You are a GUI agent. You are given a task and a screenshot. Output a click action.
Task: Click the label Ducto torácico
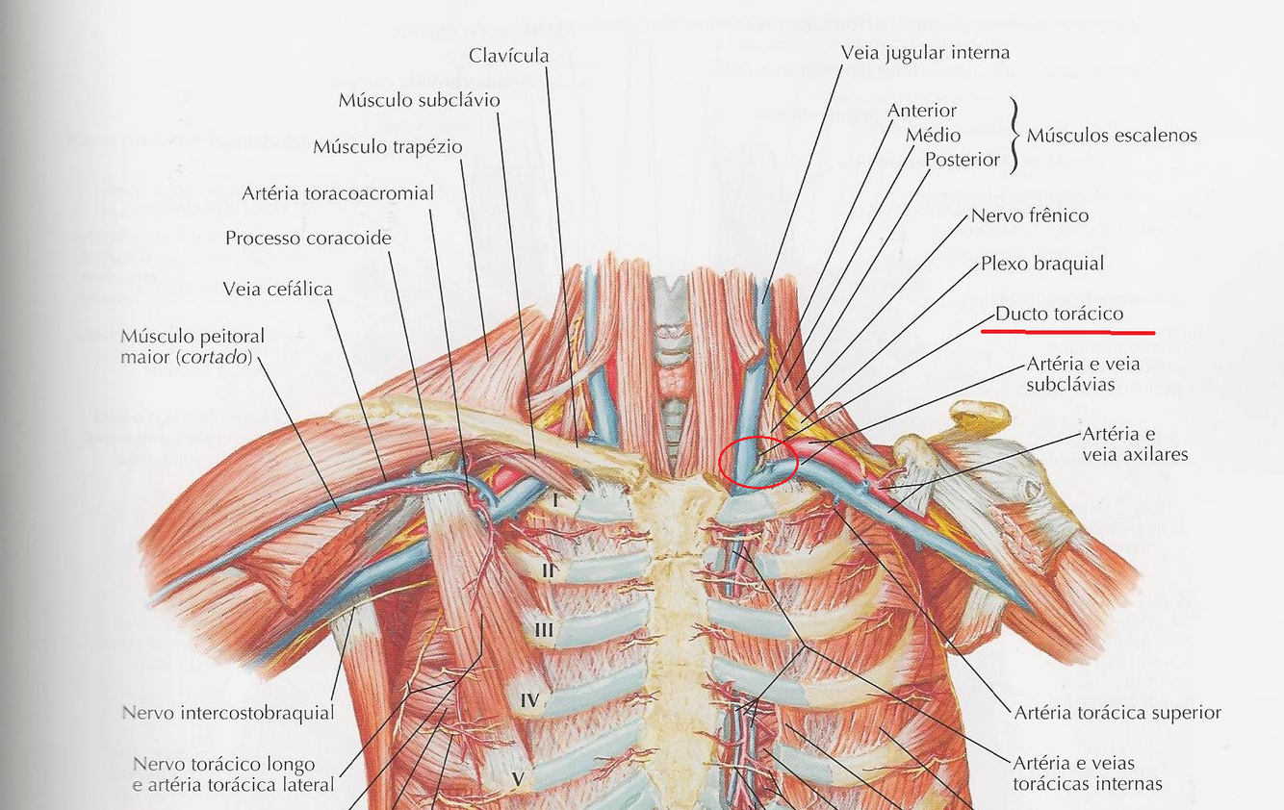click(x=1059, y=315)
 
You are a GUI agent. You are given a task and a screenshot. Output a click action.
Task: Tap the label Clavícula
click(x=509, y=56)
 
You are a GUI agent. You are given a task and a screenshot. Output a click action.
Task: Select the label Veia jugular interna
click(x=925, y=52)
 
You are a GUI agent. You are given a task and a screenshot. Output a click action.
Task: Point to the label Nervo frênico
click(x=1030, y=215)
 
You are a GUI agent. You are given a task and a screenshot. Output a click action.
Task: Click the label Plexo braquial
click(x=1042, y=263)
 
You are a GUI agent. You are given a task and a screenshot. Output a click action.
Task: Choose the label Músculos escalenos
click(x=1112, y=135)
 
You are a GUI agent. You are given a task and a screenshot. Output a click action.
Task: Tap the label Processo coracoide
click(x=308, y=237)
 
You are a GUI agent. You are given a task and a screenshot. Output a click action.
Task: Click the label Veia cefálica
click(x=277, y=289)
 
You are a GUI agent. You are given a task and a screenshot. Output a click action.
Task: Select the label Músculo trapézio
click(x=388, y=147)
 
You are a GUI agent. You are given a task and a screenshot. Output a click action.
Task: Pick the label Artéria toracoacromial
click(x=338, y=193)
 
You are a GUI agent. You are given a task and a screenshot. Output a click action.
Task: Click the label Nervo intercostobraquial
click(x=228, y=713)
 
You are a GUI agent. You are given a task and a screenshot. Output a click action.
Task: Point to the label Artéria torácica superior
click(x=1117, y=713)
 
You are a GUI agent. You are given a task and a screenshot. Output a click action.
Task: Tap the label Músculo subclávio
click(x=419, y=100)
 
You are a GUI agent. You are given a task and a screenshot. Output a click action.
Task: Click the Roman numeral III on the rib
click(x=544, y=631)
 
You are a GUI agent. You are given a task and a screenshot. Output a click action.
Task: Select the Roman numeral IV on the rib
click(x=529, y=700)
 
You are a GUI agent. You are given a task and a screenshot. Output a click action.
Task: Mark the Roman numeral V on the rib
click(x=517, y=775)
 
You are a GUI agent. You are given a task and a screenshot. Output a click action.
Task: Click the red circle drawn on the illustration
click(x=758, y=462)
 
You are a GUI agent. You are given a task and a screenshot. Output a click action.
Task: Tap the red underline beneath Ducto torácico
click(x=1067, y=332)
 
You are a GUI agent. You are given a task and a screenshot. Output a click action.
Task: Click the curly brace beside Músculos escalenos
click(x=1014, y=135)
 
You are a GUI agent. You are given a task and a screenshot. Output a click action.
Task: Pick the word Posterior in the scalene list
click(x=963, y=160)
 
